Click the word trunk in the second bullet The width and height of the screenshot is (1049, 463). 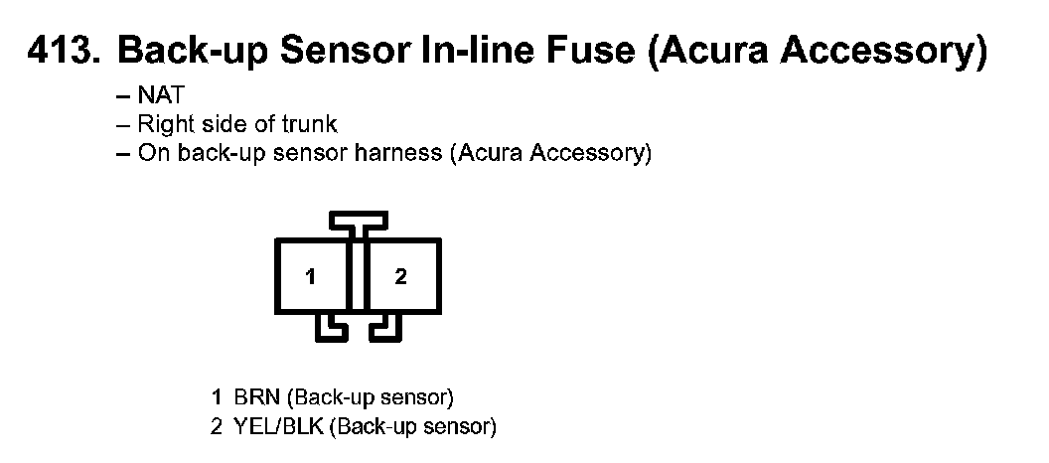coord(312,125)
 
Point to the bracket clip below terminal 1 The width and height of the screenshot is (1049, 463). coord(330,329)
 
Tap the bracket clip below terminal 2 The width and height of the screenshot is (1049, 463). coord(385,329)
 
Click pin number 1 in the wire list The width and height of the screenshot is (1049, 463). coord(217,397)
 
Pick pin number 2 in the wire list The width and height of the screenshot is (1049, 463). coord(217,428)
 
